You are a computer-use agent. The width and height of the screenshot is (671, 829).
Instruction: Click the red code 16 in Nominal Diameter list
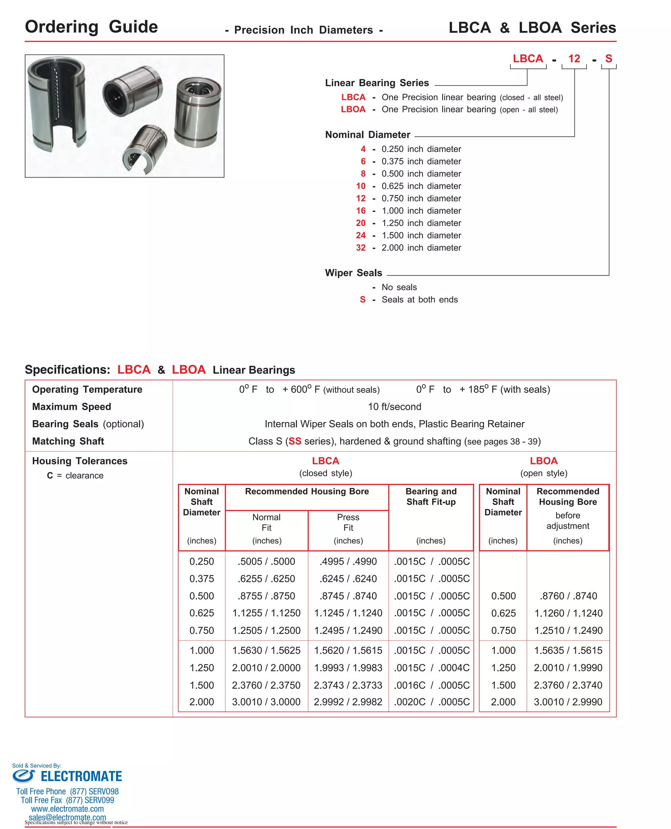click(360, 211)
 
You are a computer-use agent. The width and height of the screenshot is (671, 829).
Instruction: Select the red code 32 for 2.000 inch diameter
click(360, 248)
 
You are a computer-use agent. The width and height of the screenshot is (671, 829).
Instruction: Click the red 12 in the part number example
click(574, 59)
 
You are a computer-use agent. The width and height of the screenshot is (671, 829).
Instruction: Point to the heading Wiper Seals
click(353, 273)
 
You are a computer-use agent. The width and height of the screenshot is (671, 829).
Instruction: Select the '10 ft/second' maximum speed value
click(394, 407)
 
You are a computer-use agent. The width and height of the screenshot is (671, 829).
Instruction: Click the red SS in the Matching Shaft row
click(295, 441)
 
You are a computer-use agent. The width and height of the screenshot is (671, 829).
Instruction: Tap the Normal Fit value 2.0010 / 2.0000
click(266, 668)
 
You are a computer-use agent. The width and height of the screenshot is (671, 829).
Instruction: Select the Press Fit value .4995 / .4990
click(348, 562)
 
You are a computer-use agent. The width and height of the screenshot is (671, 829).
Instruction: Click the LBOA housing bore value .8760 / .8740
click(568, 596)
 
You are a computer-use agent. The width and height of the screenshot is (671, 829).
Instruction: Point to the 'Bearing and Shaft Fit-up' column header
click(431, 497)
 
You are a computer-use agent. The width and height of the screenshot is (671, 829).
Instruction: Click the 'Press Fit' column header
click(348, 523)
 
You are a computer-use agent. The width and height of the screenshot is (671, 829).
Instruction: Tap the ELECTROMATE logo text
click(81, 777)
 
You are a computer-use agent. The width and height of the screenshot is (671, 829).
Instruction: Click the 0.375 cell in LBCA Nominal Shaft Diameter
click(201, 579)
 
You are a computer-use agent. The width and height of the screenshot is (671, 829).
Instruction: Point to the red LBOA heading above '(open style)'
click(543, 461)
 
